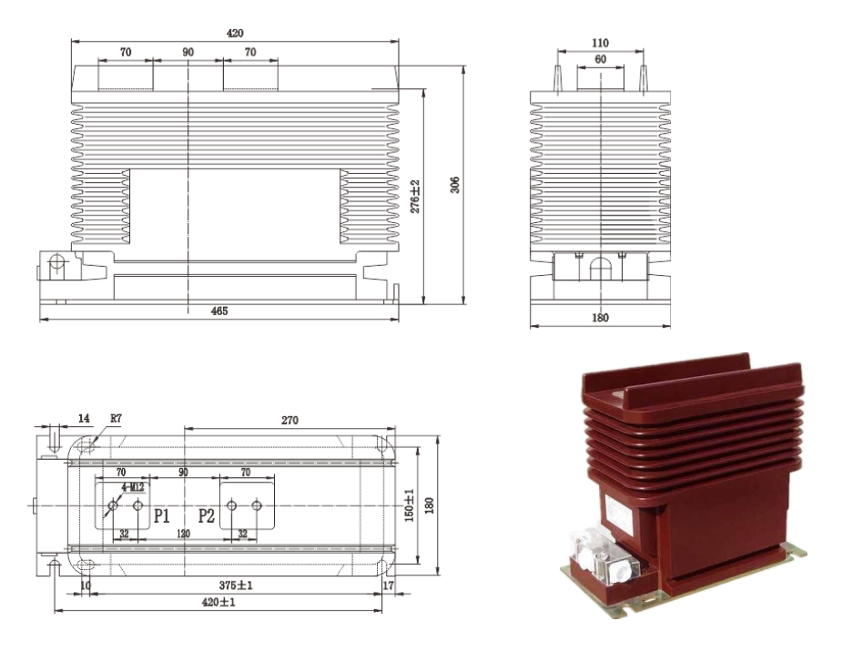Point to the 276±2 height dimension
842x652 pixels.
point(415,196)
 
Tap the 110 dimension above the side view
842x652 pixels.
point(601,44)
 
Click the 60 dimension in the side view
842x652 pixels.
point(601,59)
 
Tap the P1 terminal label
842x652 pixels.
point(162,516)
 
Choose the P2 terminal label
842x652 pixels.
point(207,516)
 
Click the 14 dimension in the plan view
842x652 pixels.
point(85,420)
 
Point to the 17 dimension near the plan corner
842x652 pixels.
point(390,586)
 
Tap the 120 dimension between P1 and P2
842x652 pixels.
point(184,536)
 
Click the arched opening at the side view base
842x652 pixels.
point(601,268)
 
